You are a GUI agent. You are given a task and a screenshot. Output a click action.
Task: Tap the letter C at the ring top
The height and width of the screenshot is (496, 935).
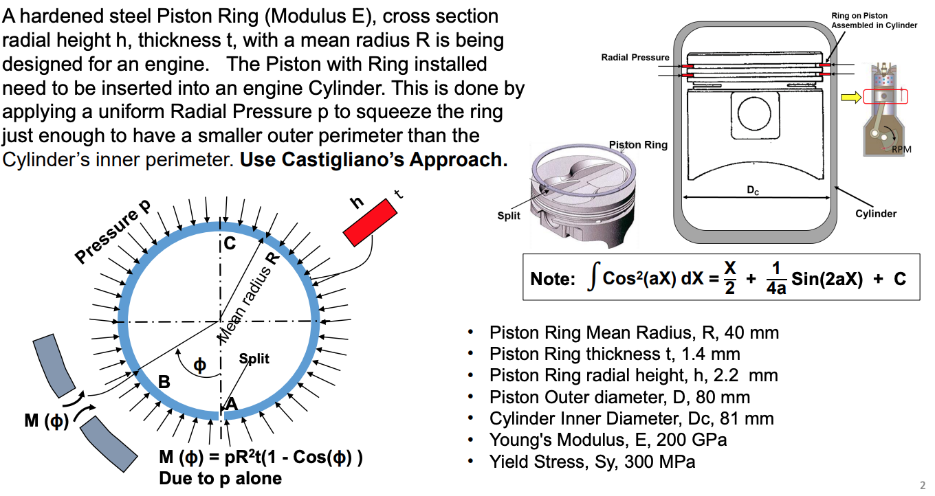(x=230, y=244)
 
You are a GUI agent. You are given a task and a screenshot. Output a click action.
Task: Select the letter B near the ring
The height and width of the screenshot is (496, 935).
(x=164, y=382)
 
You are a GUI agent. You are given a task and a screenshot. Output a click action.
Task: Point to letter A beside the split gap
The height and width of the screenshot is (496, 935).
(x=232, y=405)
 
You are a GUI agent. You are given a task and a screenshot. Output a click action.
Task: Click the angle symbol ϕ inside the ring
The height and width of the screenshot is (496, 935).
(x=199, y=365)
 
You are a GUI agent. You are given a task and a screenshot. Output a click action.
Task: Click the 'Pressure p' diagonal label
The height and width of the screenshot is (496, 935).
(x=113, y=234)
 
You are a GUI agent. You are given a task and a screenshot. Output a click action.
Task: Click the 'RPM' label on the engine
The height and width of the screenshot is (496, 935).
(x=901, y=148)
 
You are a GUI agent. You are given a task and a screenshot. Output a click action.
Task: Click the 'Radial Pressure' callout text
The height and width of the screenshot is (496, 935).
(x=635, y=57)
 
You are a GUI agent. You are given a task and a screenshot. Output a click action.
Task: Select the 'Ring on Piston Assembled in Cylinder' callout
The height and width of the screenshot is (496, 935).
(x=874, y=20)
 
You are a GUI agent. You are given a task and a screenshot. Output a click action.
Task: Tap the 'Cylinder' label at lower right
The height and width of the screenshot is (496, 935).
(x=875, y=214)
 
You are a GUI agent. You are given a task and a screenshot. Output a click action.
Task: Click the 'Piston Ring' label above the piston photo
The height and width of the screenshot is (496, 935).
(x=638, y=145)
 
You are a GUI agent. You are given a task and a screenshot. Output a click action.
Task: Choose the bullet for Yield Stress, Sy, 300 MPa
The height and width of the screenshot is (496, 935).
(x=470, y=462)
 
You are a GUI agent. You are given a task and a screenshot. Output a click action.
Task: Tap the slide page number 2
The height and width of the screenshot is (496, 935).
(x=923, y=484)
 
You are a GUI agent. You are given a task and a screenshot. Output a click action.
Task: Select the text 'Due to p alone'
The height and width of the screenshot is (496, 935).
(x=220, y=478)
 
